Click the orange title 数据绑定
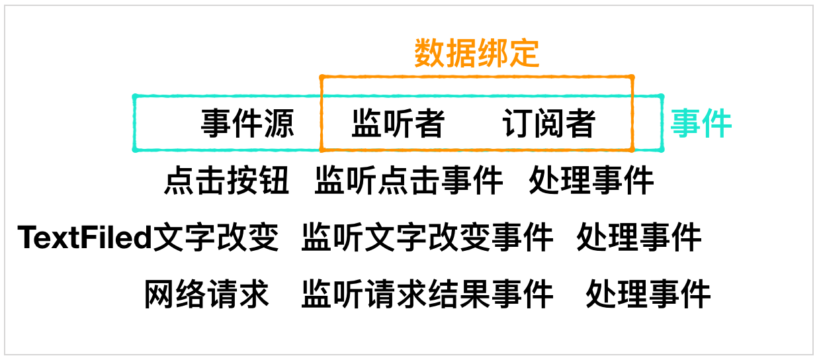(477, 54)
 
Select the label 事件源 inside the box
(247, 123)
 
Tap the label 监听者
(398, 123)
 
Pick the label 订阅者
(548, 123)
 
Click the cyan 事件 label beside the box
(701, 123)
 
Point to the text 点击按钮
(227, 180)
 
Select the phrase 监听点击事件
(408, 180)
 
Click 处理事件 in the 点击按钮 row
(591, 180)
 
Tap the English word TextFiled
(85, 238)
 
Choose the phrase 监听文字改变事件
(427, 238)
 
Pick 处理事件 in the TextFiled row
(638, 238)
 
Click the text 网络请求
(207, 294)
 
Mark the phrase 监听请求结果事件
(427, 294)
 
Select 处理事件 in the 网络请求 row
(648, 294)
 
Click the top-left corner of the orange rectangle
(322, 77)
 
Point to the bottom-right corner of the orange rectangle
(632, 150)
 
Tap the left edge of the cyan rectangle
(135, 123)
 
